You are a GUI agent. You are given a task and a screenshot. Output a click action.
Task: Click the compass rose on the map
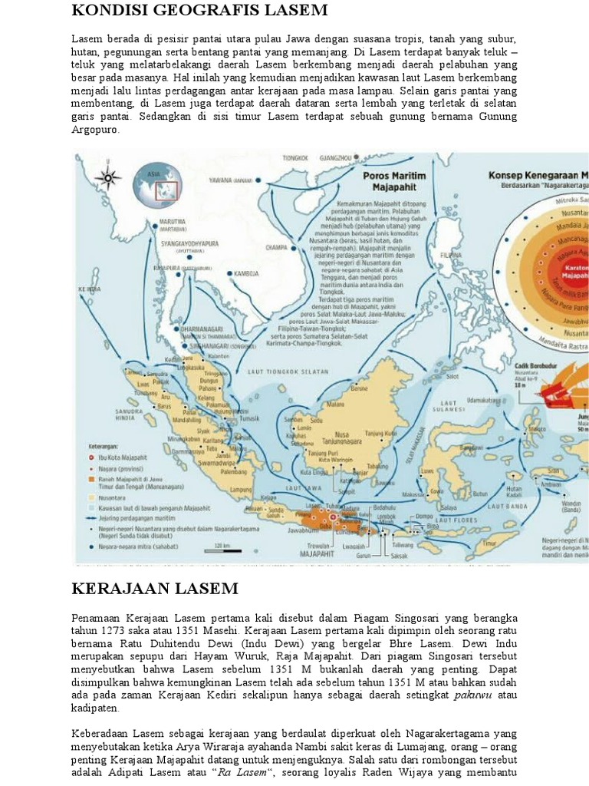pyautogui.click(x=108, y=179)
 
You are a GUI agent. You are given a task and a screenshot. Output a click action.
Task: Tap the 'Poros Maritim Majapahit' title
pyautogui.click(x=393, y=180)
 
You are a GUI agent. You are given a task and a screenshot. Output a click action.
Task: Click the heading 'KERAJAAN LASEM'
pyautogui.click(x=155, y=589)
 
